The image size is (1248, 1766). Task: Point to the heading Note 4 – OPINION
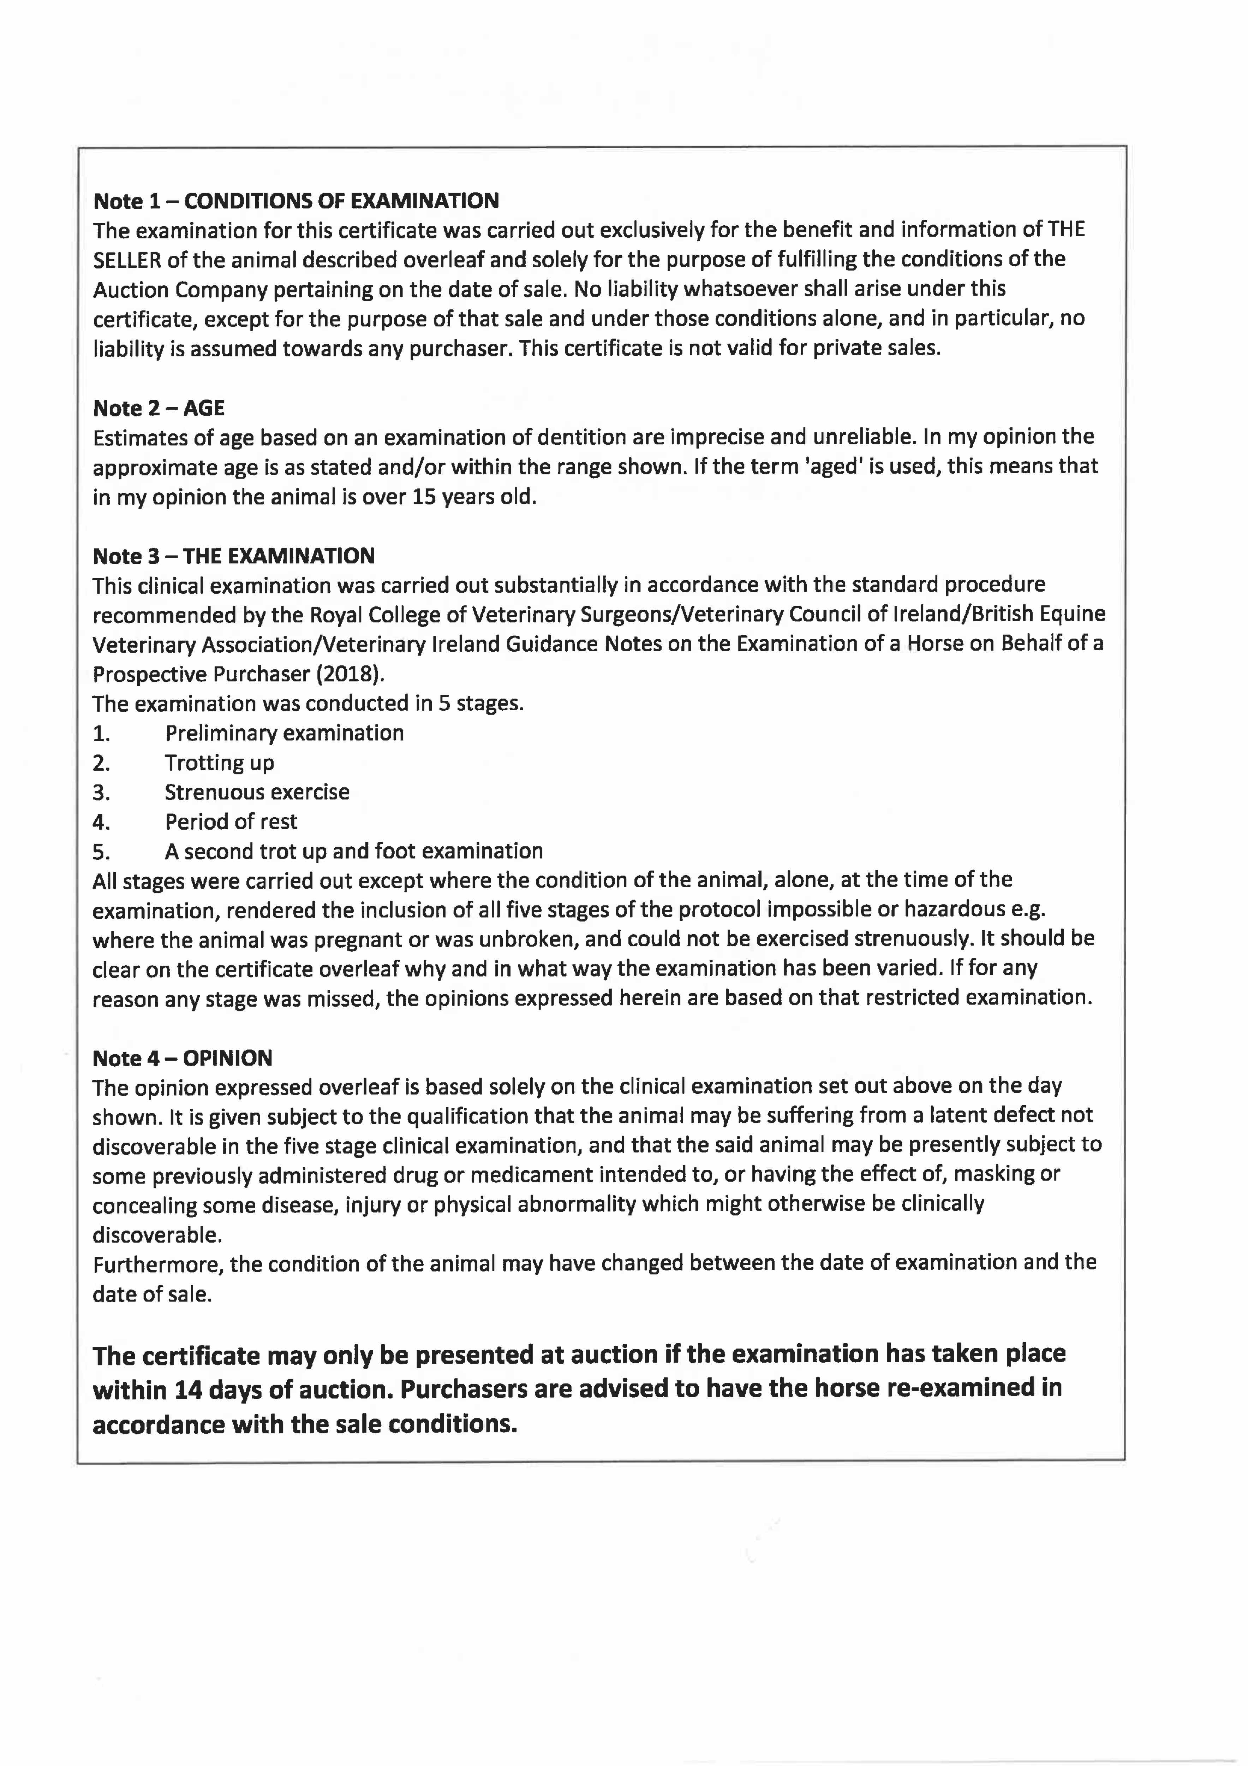182,1059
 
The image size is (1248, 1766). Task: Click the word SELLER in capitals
127,260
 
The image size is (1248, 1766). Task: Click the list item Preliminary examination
285,733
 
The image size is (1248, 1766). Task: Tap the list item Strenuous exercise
257,792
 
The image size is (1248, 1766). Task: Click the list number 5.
102,852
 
